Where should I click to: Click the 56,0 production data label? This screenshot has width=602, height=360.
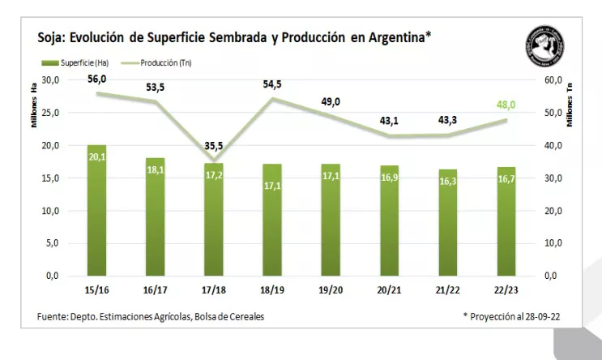pos(97,79)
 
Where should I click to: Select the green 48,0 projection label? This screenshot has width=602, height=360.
pos(506,105)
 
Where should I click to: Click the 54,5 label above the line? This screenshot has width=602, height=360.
pos(272,84)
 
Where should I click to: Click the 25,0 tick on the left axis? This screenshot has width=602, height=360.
pos(50,113)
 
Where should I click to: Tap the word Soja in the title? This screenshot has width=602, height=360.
pos(52,37)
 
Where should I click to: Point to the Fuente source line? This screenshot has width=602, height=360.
pos(150,316)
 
